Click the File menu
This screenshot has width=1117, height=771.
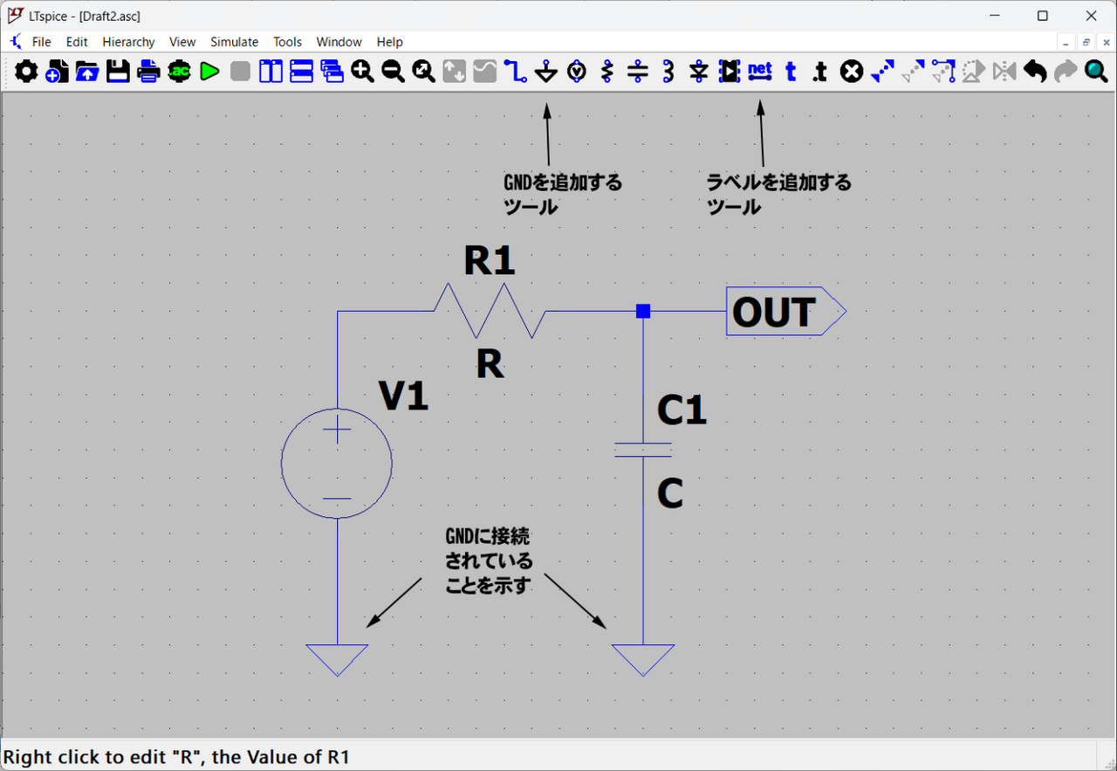tap(41, 42)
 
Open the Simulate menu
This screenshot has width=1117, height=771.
tap(234, 42)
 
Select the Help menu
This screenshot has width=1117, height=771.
tap(389, 42)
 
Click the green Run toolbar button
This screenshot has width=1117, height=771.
tap(209, 72)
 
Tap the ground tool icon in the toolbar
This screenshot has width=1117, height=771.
tap(546, 72)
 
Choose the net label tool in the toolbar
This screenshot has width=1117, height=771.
tap(760, 72)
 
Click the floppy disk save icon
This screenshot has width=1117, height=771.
tap(118, 72)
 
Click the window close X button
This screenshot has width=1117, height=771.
tap(1091, 16)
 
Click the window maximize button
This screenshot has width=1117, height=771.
tap(1042, 16)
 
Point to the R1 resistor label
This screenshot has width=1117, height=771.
tap(489, 260)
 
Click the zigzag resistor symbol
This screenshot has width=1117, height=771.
tap(490, 311)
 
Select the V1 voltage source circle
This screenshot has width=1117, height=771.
tap(337, 464)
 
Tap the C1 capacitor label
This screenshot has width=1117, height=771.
tap(682, 410)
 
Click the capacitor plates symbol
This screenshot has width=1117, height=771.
tap(643, 450)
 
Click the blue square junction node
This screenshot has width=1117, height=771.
tap(643, 311)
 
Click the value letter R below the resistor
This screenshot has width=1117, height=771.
tap(490, 365)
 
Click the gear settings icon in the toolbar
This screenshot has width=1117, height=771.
tap(26, 72)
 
